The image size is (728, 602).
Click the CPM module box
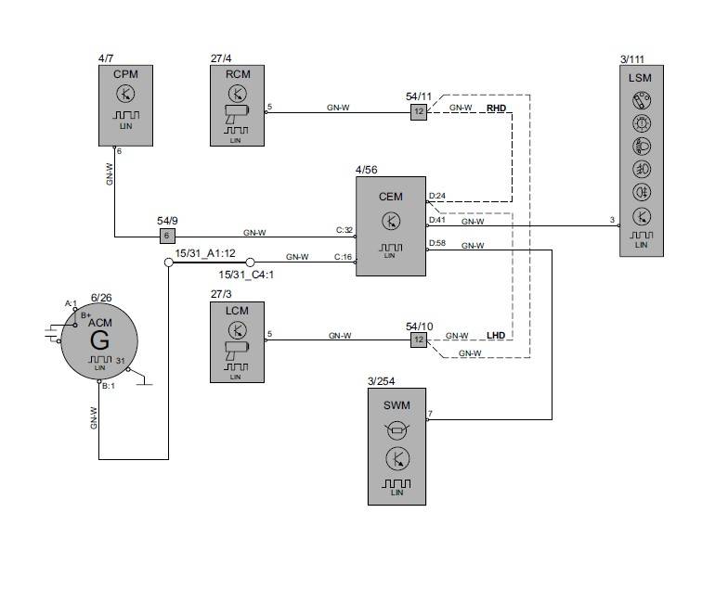124,105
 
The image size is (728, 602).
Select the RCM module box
237,105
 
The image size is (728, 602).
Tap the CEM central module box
391,226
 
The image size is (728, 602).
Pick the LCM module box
237,341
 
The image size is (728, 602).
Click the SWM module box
396,446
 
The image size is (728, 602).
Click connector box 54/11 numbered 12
419,111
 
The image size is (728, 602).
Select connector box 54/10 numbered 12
419,340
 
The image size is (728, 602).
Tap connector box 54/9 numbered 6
167,236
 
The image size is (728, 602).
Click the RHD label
497,108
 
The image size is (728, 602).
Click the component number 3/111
633,59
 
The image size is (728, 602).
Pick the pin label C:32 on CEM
344,230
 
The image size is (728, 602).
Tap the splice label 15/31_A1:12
205,252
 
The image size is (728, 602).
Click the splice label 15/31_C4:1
246,275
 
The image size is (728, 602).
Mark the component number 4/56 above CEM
367,170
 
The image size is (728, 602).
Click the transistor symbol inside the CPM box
124,93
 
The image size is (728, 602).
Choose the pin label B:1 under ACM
109,385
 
